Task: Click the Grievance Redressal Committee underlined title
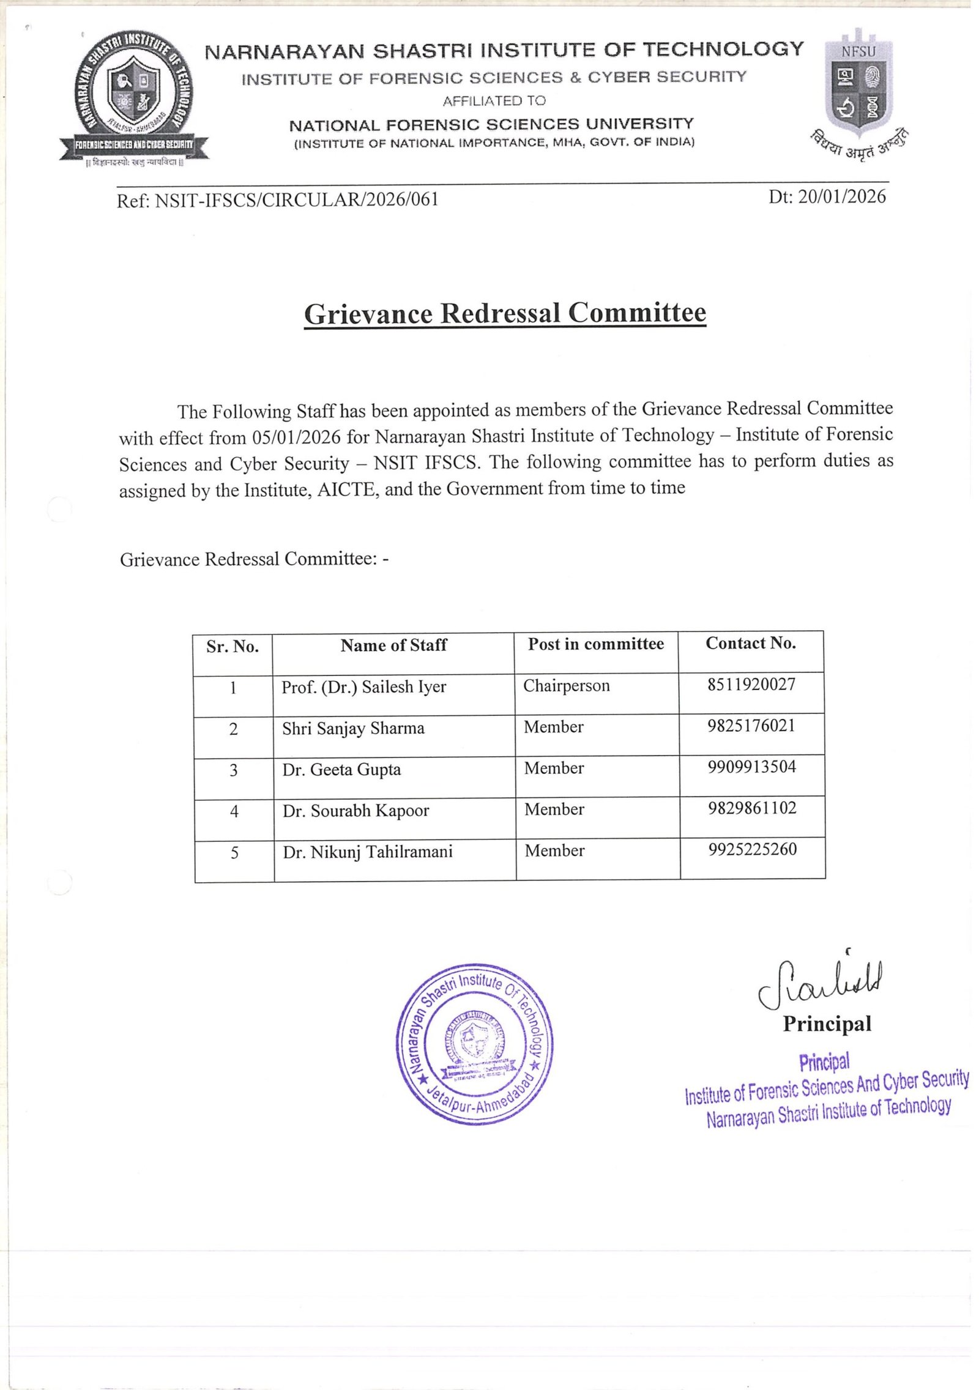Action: (505, 313)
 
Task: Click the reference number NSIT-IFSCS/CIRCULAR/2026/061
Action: (297, 200)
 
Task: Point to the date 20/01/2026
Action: (841, 196)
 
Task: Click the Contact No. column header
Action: (751, 643)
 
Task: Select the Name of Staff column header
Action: (393, 645)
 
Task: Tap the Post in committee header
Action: (596, 644)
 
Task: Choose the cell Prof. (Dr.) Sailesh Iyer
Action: (364, 687)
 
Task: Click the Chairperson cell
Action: (567, 686)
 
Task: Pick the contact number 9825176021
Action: (751, 726)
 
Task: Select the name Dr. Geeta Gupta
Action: (341, 770)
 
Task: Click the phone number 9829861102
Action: (752, 808)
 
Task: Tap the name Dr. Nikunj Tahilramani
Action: (368, 852)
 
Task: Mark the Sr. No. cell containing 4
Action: (234, 812)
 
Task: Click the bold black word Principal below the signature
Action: (827, 1024)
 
